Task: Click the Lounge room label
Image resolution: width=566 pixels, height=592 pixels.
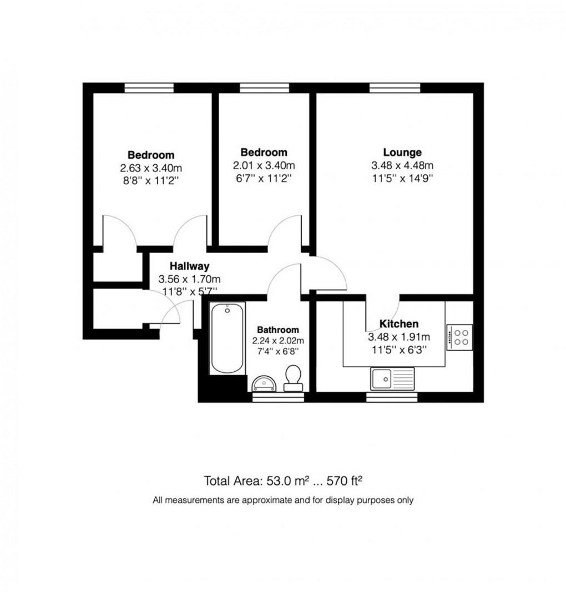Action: click(x=402, y=153)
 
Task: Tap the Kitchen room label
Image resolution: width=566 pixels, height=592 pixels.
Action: click(x=398, y=324)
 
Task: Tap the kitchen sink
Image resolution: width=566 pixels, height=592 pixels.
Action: click(x=392, y=379)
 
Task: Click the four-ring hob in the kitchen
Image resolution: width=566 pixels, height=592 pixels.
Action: click(x=459, y=336)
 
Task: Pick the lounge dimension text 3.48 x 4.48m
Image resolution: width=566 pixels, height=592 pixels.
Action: click(x=402, y=165)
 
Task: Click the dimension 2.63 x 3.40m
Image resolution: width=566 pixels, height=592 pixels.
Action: click(x=150, y=168)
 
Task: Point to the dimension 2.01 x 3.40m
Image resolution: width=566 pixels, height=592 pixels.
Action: click(x=264, y=165)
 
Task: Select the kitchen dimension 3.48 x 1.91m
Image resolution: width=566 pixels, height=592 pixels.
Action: click(x=398, y=337)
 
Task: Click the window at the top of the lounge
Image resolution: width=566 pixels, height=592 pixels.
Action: click(x=395, y=88)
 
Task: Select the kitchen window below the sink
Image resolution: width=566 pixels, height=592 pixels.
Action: click(x=392, y=397)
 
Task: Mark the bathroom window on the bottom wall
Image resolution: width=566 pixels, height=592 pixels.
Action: click(x=278, y=397)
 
